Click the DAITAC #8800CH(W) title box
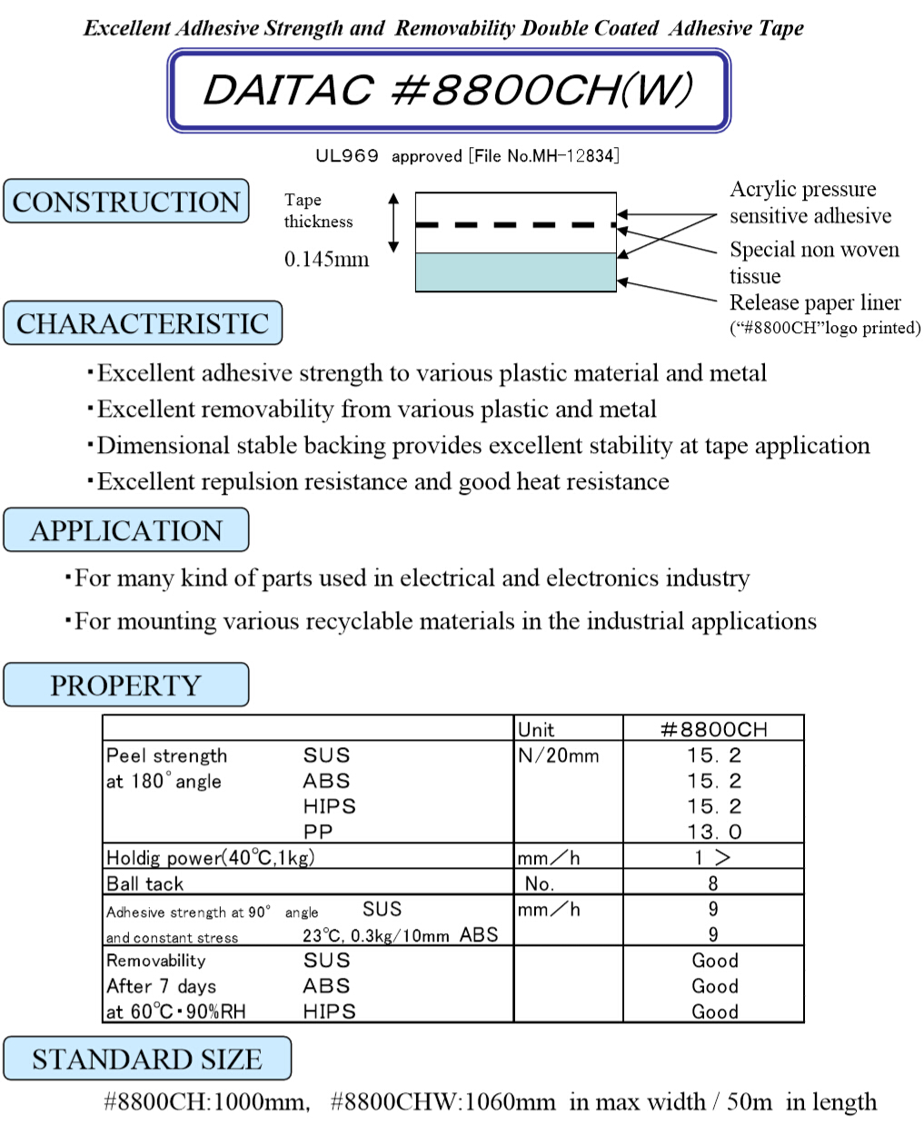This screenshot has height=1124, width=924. [449, 90]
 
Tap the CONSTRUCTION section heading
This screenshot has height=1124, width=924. [126, 202]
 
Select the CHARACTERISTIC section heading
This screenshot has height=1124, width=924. [143, 323]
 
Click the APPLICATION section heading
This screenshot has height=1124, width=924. [126, 530]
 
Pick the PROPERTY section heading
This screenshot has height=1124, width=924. [126, 685]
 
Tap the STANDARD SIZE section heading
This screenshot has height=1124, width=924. [147, 1059]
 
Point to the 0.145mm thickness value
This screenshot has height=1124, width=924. [326, 260]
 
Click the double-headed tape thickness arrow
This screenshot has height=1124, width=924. [393, 222]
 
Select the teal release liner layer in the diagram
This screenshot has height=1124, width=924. [515, 272]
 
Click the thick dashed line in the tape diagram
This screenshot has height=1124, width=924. [515, 224]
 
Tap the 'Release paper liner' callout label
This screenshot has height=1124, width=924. [815, 302]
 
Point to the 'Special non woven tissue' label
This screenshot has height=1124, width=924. [814, 261]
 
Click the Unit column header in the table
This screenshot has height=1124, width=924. [536, 729]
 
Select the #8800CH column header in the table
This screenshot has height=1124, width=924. [713, 729]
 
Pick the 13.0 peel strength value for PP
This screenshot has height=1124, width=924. [713, 832]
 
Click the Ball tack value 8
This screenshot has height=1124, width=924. [713, 883]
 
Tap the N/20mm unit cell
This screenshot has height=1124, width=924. [559, 755]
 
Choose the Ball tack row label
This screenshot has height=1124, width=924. [145, 883]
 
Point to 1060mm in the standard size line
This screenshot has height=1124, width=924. [510, 1102]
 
